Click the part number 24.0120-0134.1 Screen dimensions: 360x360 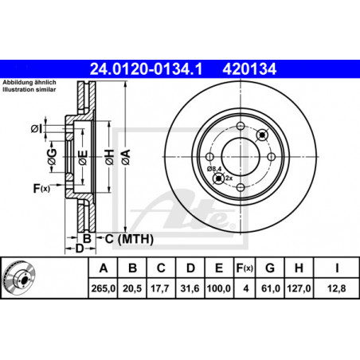146,69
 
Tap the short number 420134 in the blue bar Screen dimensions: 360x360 249,69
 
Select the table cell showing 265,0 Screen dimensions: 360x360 104,288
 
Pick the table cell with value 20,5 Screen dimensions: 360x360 132,288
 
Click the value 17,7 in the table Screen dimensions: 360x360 161,288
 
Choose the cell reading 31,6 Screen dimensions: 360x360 190,288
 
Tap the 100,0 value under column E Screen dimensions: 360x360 219,288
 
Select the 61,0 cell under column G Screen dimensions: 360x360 270,288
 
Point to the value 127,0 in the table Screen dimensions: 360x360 299,288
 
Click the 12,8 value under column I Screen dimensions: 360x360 337,288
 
